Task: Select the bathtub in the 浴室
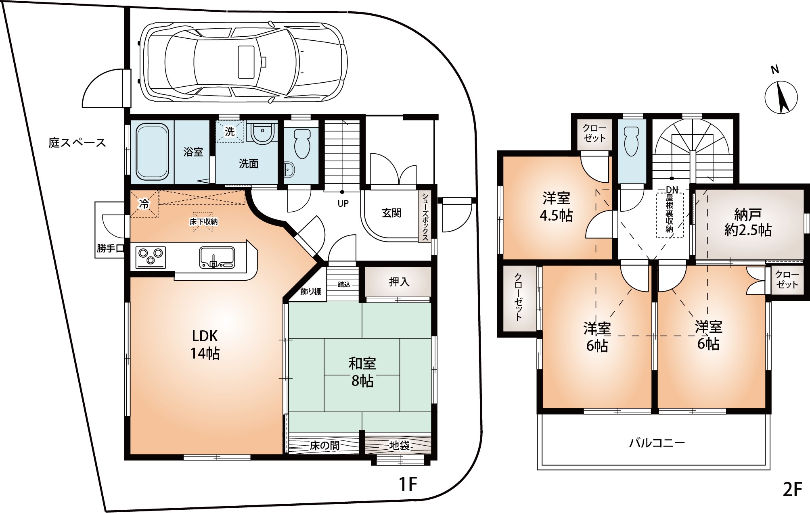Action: coord(152,152)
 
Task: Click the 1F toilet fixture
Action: coord(301,143)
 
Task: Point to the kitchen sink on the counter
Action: coord(217,257)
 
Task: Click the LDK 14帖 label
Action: coord(205,344)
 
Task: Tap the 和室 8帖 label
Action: coord(362,371)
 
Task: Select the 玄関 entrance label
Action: coord(391,213)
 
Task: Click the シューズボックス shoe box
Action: coord(425,217)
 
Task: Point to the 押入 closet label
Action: coord(399,282)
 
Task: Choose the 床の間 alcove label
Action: coord(324,446)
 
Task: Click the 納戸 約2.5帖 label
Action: coord(748,222)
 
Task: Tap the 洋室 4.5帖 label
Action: coord(556,206)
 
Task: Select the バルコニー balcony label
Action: coord(657,443)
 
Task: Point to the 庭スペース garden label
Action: coord(77,142)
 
